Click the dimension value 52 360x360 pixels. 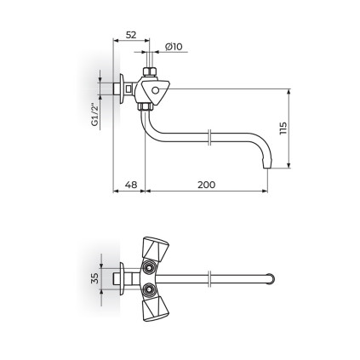(131, 35)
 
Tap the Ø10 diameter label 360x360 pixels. (174, 46)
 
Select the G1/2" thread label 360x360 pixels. (94, 115)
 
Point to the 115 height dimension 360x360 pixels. (283, 129)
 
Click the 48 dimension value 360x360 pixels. (131, 185)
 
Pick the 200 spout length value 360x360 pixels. (207, 185)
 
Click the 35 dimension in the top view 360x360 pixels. (94, 278)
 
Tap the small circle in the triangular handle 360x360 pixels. (155, 90)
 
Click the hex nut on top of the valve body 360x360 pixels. (150, 71)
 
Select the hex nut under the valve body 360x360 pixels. (146, 107)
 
